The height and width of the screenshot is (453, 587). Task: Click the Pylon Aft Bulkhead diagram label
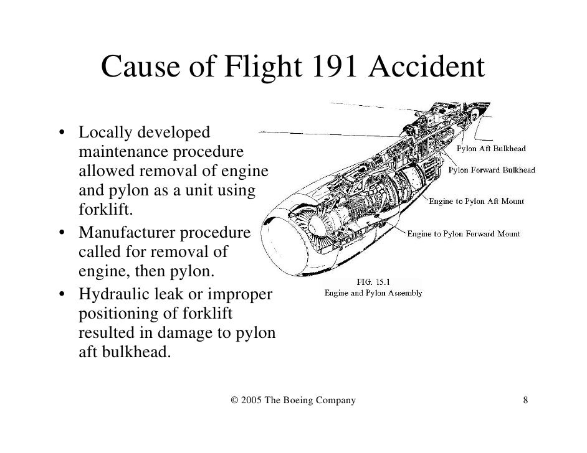tap(492, 149)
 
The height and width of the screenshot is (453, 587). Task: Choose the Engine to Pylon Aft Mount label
tap(476, 201)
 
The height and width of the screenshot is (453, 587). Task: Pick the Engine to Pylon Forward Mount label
tap(464, 234)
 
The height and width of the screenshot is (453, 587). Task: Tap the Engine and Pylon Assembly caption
tap(373, 292)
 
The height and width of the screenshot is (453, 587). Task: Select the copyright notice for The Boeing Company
tap(293, 400)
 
